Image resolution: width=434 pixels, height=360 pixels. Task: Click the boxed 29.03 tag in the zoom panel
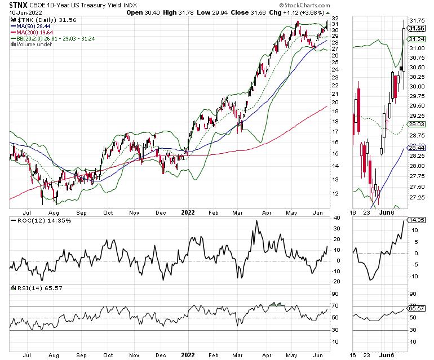(417, 124)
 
